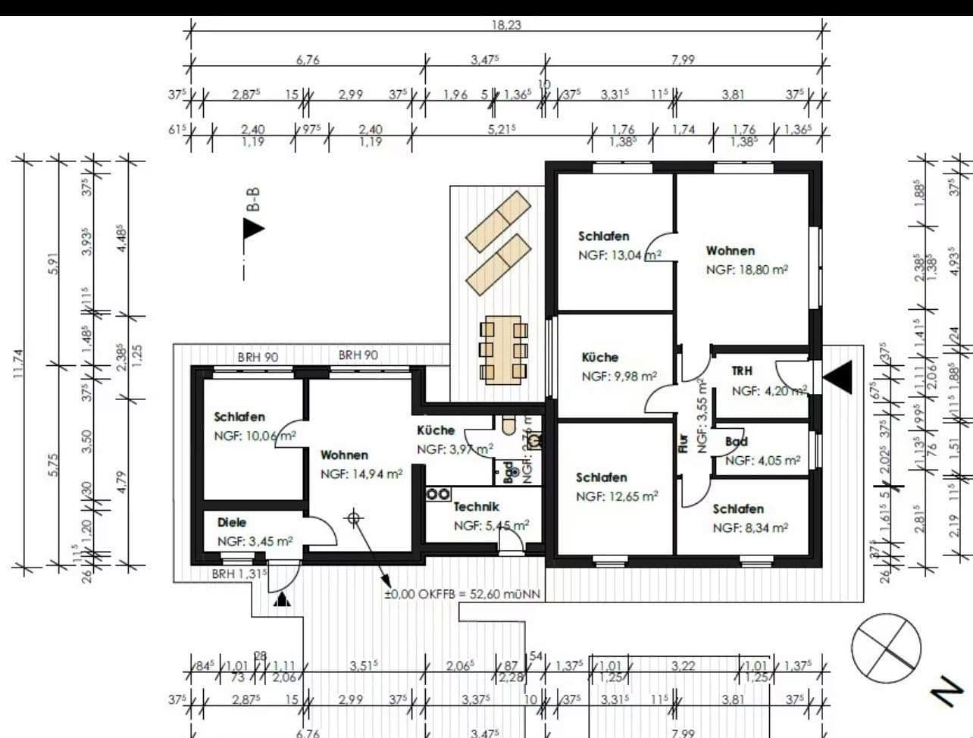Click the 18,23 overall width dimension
[x=506, y=24]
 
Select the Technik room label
[x=476, y=507]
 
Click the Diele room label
[x=231, y=523]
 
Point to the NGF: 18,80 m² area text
[x=747, y=270]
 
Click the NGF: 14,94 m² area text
[x=361, y=474]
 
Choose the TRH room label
[x=742, y=371]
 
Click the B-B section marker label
[x=253, y=199]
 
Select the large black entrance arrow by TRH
[x=838, y=377]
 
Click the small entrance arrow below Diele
[x=283, y=600]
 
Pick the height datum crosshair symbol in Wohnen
[x=353, y=518]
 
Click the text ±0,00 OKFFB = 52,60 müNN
[x=462, y=595]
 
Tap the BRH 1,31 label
[x=239, y=574]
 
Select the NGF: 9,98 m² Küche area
[x=618, y=377]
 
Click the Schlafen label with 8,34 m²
[x=737, y=509]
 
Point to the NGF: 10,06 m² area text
[x=255, y=436]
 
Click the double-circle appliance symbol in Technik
[x=438, y=494]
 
